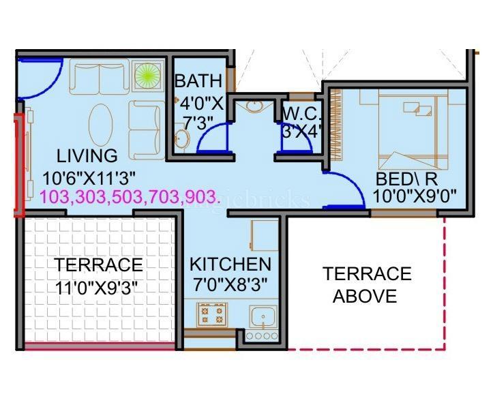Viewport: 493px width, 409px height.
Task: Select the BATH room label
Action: pyautogui.click(x=198, y=81)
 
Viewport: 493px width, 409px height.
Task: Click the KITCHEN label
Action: pyautogui.click(x=230, y=264)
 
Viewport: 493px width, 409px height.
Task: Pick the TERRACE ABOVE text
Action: pyautogui.click(x=367, y=285)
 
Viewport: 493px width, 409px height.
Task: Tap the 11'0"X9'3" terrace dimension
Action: pyautogui.click(x=100, y=286)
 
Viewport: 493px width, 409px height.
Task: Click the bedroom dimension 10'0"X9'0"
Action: pyautogui.click(x=415, y=197)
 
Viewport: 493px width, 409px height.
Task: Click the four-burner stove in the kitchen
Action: pyautogui.click(x=211, y=316)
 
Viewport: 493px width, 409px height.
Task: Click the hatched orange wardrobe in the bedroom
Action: pyautogui.click(x=336, y=124)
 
